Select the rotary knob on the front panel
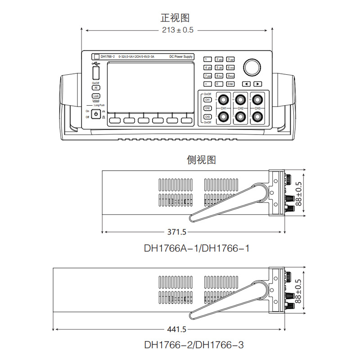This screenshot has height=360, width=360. pos(252,67)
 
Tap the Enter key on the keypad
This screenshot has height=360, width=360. pos(230,84)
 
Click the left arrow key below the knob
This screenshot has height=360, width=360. pos(246,84)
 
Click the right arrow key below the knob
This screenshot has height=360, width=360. pos(258,84)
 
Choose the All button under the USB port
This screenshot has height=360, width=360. pos(96,88)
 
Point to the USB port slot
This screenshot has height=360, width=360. pos(96,74)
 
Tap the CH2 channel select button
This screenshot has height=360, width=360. pos(207,108)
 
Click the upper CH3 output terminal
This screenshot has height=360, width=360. pos(257,99)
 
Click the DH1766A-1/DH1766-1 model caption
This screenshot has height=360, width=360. pos(196,248)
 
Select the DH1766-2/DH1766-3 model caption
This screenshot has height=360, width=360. pos(194,345)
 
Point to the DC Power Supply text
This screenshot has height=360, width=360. pos(181,57)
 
